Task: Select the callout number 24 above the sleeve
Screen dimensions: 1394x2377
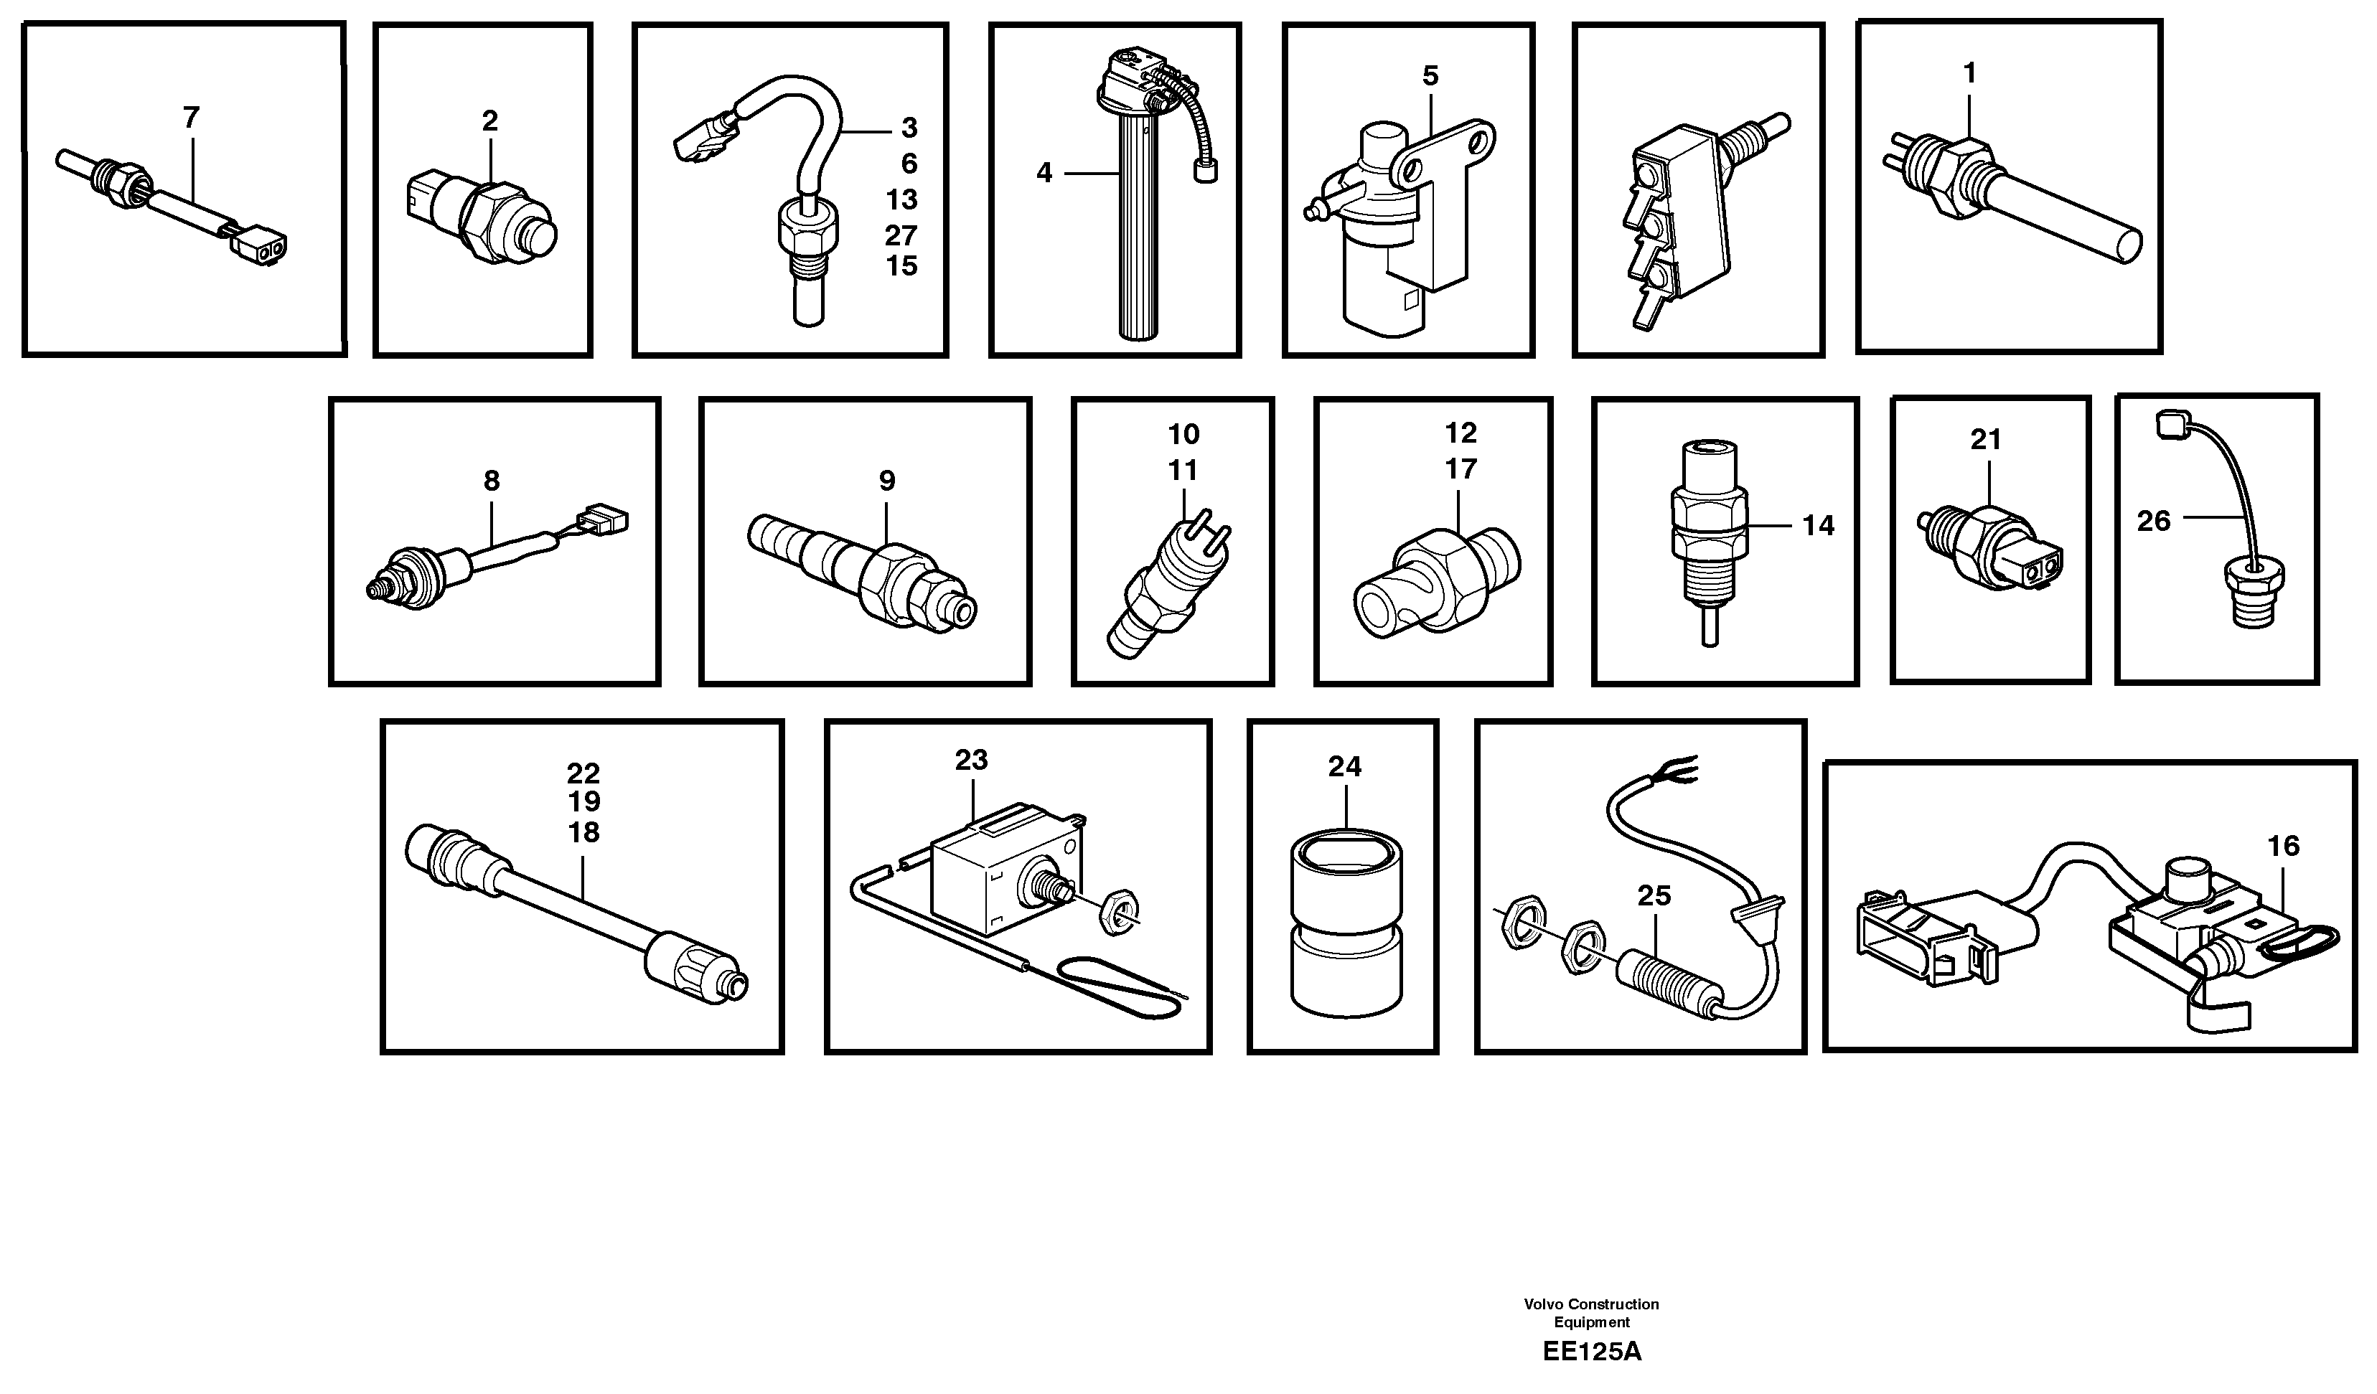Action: pyautogui.click(x=1344, y=767)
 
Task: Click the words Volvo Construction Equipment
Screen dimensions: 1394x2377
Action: pyautogui.click(x=1591, y=1313)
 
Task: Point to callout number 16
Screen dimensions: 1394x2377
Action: pyautogui.click(x=2284, y=846)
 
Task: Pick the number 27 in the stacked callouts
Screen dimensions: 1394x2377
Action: pyautogui.click(x=901, y=234)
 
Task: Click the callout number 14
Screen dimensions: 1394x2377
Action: pyautogui.click(x=1818, y=525)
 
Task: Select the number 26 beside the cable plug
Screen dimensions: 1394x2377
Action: pyautogui.click(x=2154, y=521)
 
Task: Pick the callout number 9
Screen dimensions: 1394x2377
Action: pyautogui.click(x=886, y=481)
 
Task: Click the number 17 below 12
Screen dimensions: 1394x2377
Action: pyautogui.click(x=1461, y=468)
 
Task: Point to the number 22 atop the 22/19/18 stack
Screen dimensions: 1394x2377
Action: pyautogui.click(x=583, y=773)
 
